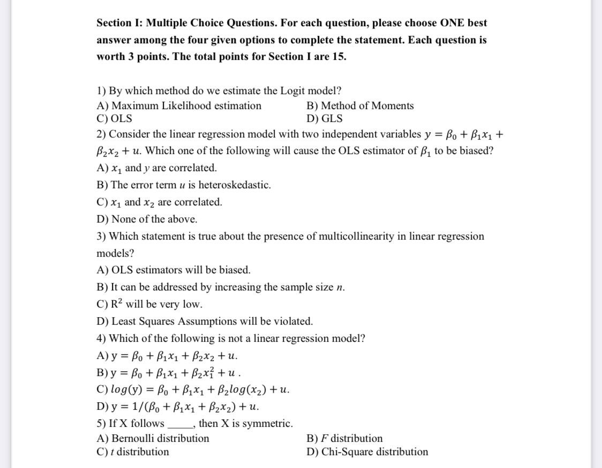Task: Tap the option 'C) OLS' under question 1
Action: (x=115, y=119)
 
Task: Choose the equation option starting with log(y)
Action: (x=193, y=389)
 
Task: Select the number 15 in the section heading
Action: (x=338, y=57)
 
